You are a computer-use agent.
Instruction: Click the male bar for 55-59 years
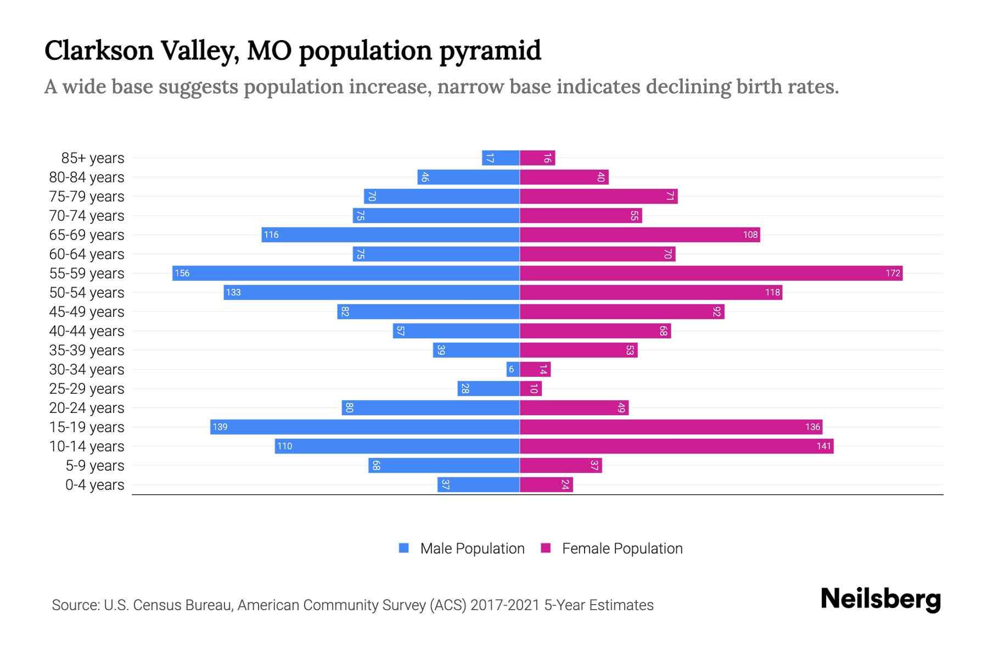[x=346, y=273]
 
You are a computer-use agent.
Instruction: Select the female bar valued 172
[x=711, y=273]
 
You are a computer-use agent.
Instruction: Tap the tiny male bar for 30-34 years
[x=513, y=369]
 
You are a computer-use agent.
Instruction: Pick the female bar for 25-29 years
[x=531, y=388]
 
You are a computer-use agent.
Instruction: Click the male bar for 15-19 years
[x=365, y=427]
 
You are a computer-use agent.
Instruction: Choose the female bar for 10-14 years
[x=676, y=446]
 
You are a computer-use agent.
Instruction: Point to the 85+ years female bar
[x=537, y=158]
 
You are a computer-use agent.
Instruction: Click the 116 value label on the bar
[x=271, y=234]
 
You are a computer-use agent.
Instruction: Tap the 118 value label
[x=772, y=292]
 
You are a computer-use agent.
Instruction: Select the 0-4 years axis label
[x=94, y=484]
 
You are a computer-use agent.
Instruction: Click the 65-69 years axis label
[x=87, y=234]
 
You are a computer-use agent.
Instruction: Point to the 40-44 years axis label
[x=87, y=331]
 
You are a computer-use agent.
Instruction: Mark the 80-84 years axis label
[x=87, y=177]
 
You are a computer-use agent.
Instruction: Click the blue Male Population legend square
[x=404, y=548]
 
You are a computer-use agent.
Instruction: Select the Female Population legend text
[x=622, y=548]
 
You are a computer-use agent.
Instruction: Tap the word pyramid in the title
[x=490, y=51]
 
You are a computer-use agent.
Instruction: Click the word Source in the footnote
[x=75, y=605]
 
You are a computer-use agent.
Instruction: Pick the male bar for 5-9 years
[x=444, y=465]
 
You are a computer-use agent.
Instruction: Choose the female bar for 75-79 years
[x=598, y=196]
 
